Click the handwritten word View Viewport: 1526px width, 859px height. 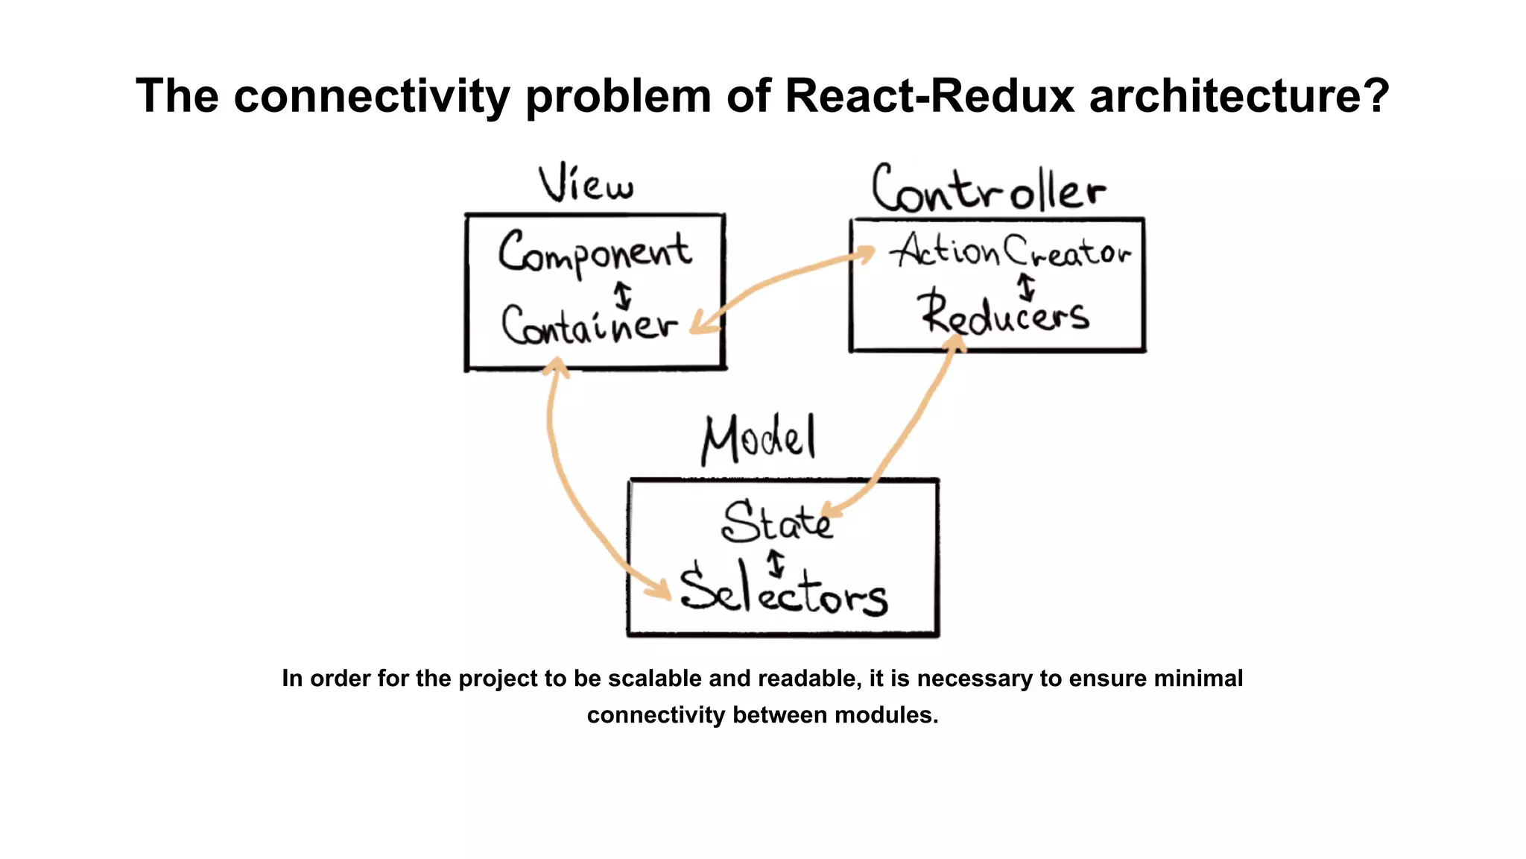586,183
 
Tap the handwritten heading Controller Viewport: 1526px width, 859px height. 988,189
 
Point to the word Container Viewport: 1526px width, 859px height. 589,327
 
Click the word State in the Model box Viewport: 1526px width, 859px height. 776,521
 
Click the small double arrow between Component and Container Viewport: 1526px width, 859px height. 623,295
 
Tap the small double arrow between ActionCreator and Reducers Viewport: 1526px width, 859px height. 1027,287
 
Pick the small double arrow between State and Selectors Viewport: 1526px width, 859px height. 776,563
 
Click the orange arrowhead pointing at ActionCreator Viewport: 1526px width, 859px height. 864,254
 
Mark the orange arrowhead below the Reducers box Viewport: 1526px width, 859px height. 954,344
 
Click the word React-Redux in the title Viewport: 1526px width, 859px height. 930,95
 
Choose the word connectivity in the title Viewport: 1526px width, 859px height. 372,95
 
